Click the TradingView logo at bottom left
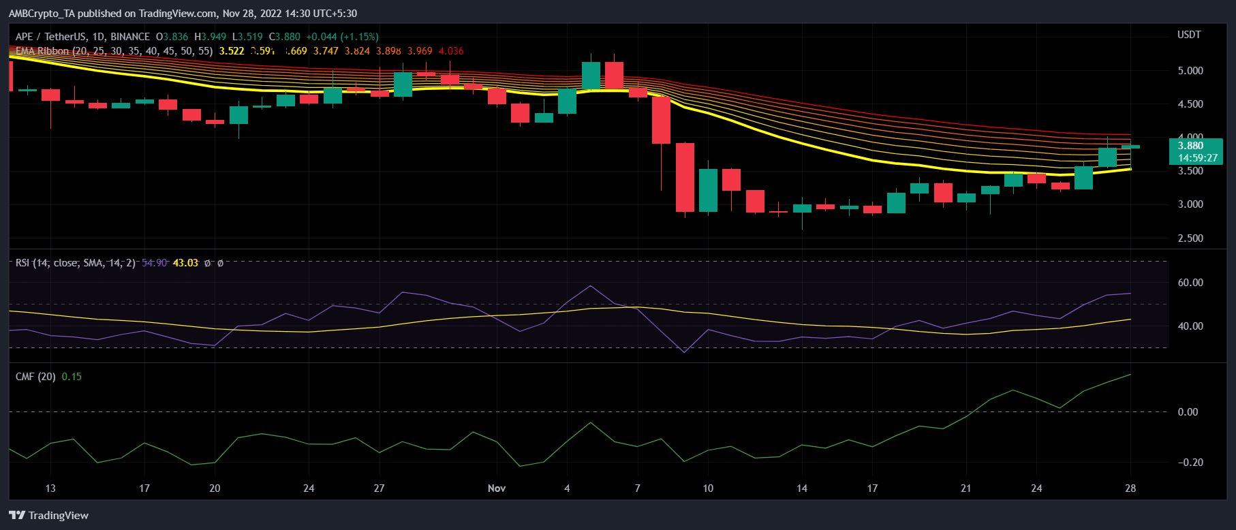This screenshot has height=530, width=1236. [x=49, y=515]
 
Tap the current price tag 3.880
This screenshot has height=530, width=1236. [x=1190, y=145]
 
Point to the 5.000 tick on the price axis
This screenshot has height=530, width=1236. [x=1190, y=70]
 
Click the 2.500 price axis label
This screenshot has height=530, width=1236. [x=1190, y=238]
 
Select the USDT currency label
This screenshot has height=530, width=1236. [x=1189, y=35]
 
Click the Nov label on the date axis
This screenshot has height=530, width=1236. [x=497, y=488]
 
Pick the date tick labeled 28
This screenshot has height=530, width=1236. [x=1130, y=488]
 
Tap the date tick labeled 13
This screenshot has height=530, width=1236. [x=50, y=488]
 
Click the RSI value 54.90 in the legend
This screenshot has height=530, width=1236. [x=155, y=263]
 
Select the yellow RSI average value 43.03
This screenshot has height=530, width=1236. [x=185, y=263]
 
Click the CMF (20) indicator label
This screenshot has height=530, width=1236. [x=35, y=377]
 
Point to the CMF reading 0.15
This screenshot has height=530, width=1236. [x=72, y=377]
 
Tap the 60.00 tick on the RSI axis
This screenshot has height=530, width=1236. [x=1190, y=282]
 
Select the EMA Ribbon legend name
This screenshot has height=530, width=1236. [x=42, y=51]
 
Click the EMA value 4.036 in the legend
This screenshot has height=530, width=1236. [x=451, y=51]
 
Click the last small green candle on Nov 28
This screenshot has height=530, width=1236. [x=1130, y=146]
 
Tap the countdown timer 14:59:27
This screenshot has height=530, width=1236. [x=1197, y=157]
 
